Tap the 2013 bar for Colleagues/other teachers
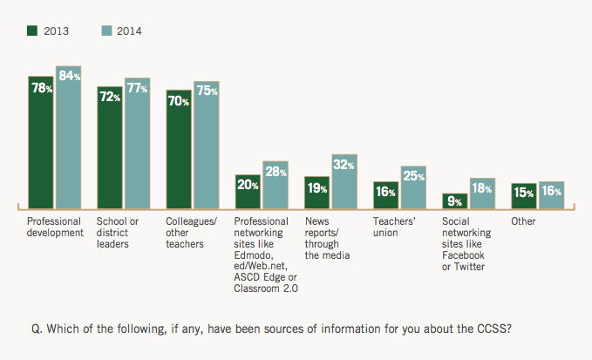179,149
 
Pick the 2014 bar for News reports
344,182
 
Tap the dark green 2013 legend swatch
33,31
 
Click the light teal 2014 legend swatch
106,31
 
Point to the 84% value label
68,77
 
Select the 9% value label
454,201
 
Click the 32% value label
344,165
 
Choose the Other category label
523,221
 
